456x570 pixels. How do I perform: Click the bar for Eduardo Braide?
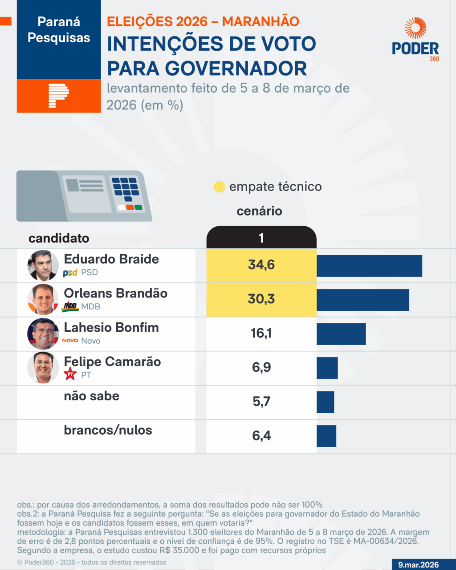[x=369, y=266]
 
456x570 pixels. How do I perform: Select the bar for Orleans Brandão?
[x=362, y=300]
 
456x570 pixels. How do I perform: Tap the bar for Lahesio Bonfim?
[x=341, y=334]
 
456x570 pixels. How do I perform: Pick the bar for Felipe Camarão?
[x=327, y=368]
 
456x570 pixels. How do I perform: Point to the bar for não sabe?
[x=325, y=402]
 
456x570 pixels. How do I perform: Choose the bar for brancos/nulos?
[x=326, y=436]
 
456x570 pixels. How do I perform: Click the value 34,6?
[x=261, y=265]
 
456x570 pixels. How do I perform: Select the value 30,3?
[x=261, y=299]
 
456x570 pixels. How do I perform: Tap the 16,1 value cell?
[x=261, y=333]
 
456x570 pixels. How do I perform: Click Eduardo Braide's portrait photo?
[x=43, y=265]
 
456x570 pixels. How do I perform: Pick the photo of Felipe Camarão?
[x=43, y=368]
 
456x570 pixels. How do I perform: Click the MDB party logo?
[x=70, y=306]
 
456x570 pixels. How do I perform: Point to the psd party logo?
[x=70, y=273]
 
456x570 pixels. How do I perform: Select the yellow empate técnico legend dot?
[x=219, y=187]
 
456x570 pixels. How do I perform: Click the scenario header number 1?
[x=261, y=238]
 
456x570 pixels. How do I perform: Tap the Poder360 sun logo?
[x=415, y=28]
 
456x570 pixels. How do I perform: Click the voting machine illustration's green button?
[x=138, y=208]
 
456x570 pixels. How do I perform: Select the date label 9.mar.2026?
[x=418, y=565]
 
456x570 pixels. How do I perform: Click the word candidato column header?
[x=59, y=238]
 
